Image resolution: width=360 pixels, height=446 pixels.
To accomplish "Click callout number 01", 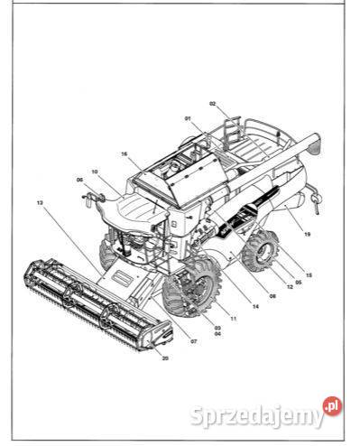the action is pyautogui.click(x=188, y=119).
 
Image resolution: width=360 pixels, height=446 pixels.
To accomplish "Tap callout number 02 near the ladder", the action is pyautogui.click(x=213, y=105).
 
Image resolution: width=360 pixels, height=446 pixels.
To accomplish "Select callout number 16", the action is pyautogui.click(x=125, y=154).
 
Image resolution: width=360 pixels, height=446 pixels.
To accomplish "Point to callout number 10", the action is pyautogui.click(x=94, y=172).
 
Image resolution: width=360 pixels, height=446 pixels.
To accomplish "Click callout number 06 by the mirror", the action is pyautogui.click(x=79, y=180).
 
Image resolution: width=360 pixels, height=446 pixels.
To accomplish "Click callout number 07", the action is pyautogui.click(x=193, y=340).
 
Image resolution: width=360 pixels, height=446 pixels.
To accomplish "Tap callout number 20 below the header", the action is pyautogui.click(x=165, y=358).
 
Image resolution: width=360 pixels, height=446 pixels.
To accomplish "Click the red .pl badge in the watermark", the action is pyautogui.click(x=332, y=407).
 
